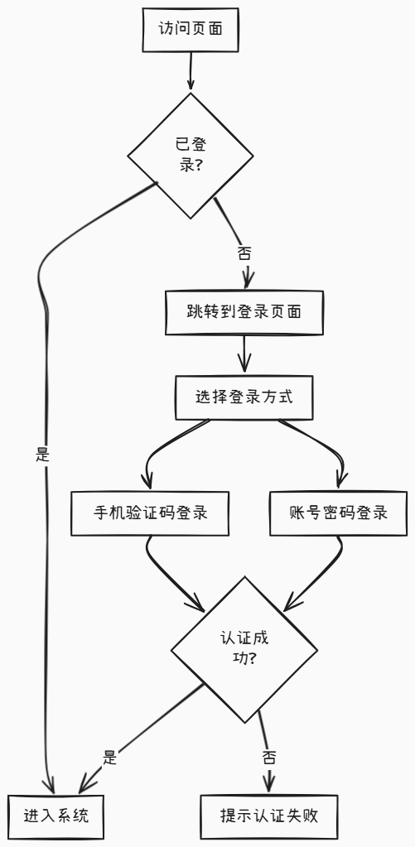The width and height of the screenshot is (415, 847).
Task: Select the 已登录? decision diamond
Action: point(191,155)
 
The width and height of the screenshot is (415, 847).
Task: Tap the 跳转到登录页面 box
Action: point(244,313)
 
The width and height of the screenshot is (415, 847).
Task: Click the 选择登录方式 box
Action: point(244,397)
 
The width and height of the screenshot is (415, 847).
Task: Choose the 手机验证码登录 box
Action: point(150,513)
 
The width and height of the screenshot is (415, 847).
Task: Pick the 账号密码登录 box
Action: point(340,513)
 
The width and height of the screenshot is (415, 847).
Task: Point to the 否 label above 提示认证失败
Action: point(269,757)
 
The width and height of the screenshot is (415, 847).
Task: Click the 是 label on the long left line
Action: point(43,454)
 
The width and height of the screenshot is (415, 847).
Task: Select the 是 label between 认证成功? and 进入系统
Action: point(110,757)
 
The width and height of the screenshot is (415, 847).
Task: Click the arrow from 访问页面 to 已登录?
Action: point(191,70)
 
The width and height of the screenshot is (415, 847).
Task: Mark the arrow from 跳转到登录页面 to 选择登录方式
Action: point(244,354)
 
